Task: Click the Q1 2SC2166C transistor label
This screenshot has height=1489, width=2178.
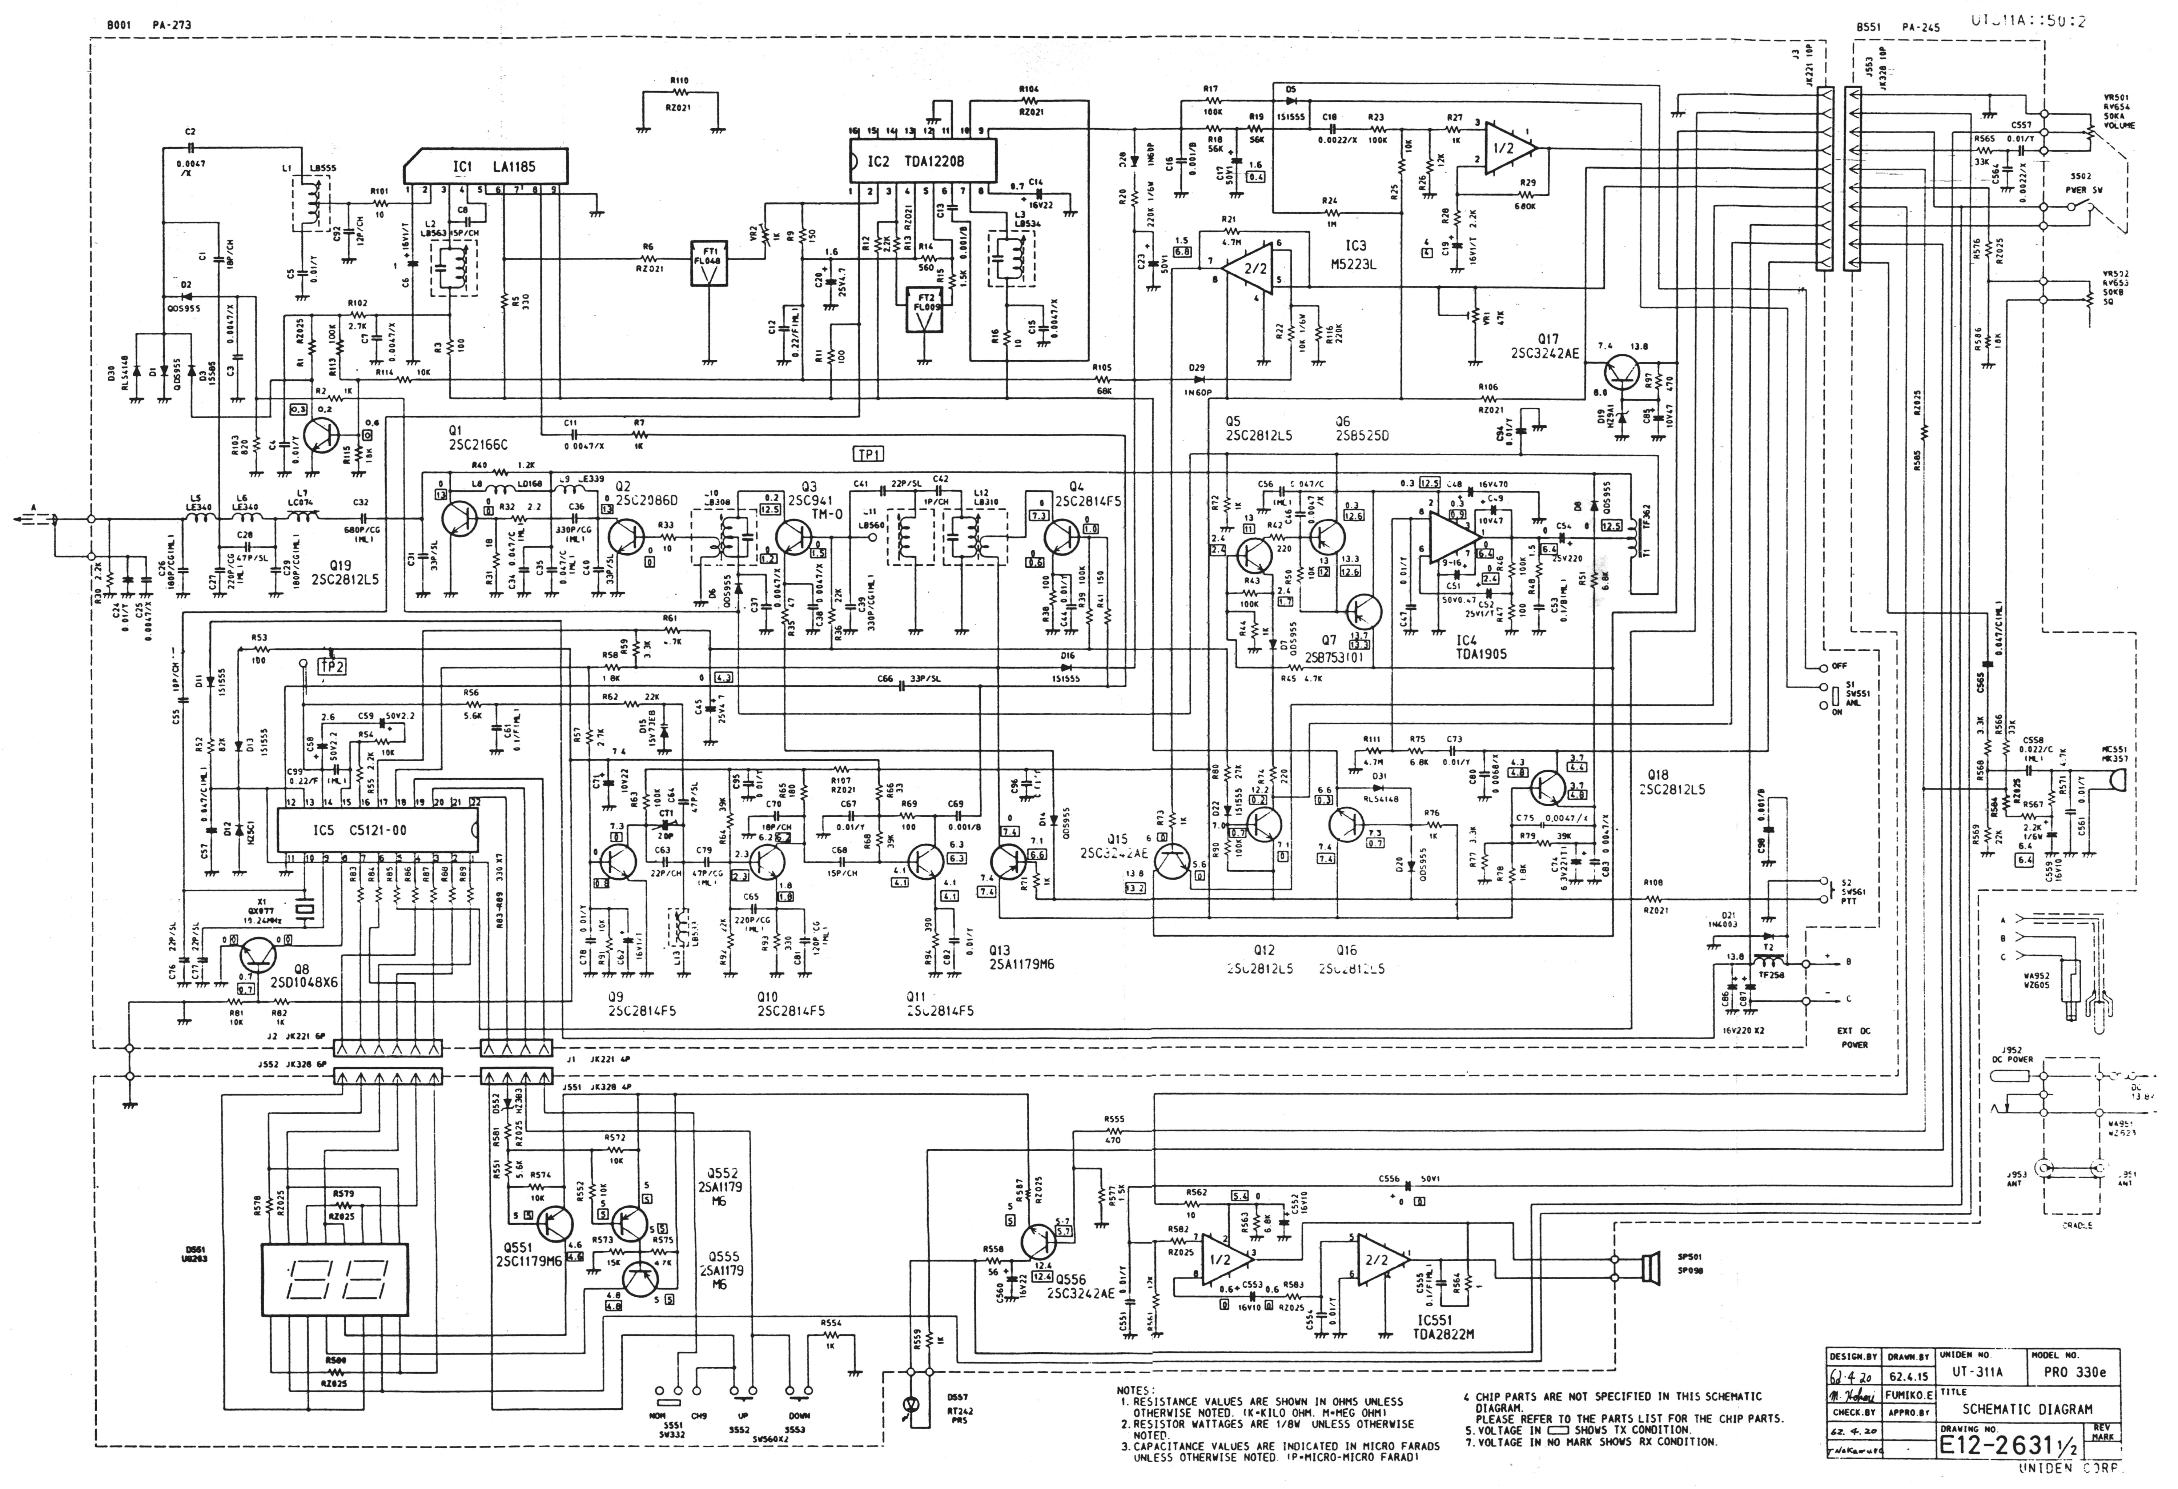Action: (478, 438)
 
